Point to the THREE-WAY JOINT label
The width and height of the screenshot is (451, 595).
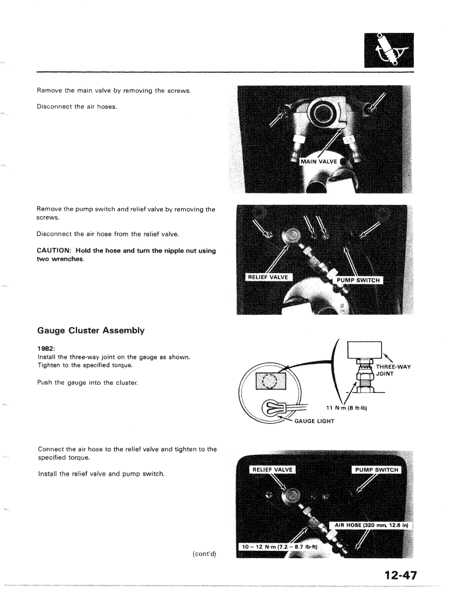(x=394, y=371)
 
